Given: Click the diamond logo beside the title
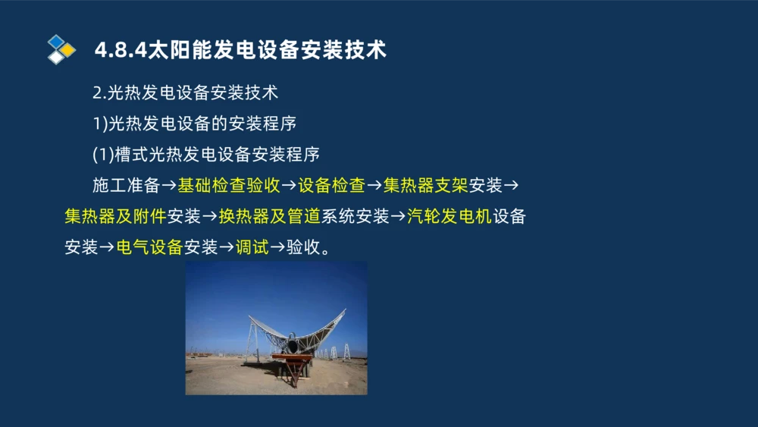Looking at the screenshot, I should pyautogui.click(x=61, y=49).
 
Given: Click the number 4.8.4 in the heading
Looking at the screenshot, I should pyautogui.click(x=114, y=50).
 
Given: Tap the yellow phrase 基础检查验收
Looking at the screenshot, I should pyautogui.click(x=230, y=185).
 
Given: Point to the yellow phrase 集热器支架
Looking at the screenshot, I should pyautogui.click(x=425, y=185).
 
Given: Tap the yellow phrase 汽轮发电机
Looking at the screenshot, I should pyautogui.click(x=449, y=216).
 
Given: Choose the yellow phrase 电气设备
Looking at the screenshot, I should pyautogui.click(x=149, y=247).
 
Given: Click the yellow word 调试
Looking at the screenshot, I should pyautogui.click(x=252, y=247).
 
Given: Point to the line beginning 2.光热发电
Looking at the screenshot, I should pyautogui.click(x=185, y=93).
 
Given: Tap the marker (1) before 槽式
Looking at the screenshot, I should pyautogui.click(x=102, y=155).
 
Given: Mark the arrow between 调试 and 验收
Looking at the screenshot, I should pyautogui.click(x=277, y=247).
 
